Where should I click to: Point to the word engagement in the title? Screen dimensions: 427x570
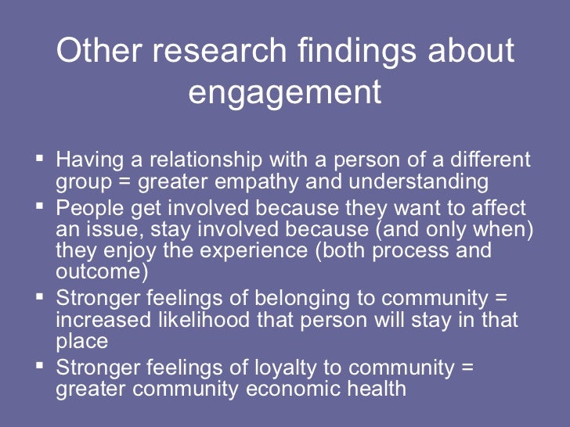[x=285, y=93]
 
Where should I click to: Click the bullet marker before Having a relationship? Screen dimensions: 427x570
[x=41, y=158]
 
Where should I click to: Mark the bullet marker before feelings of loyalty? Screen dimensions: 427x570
[x=41, y=365]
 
